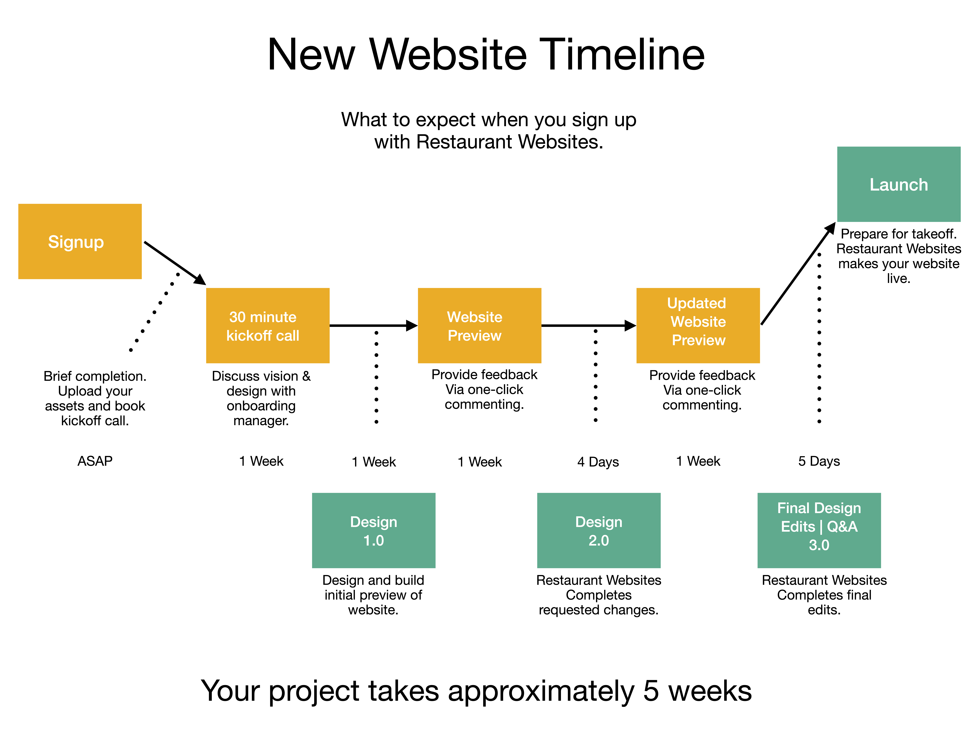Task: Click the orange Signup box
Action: click(x=80, y=241)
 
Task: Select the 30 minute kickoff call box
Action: click(x=268, y=326)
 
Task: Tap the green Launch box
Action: click(x=899, y=184)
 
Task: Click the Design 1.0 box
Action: click(x=373, y=530)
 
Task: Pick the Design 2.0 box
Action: click(x=599, y=530)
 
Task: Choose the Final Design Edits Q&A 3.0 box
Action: click(x=819, y=530)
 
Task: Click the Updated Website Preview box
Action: click(x=698, y=326)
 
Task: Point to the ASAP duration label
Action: click(x=95, y=461)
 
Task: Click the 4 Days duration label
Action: click(x=598, y=462)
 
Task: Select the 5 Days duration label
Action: click(x=819, y=461)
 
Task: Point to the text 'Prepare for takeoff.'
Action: click(x=899, y=234)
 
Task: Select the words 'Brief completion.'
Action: click(x=95, y=376)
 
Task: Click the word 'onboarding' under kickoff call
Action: click(x=261, y=406)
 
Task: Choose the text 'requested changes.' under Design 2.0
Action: click(x=599, y=610)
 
